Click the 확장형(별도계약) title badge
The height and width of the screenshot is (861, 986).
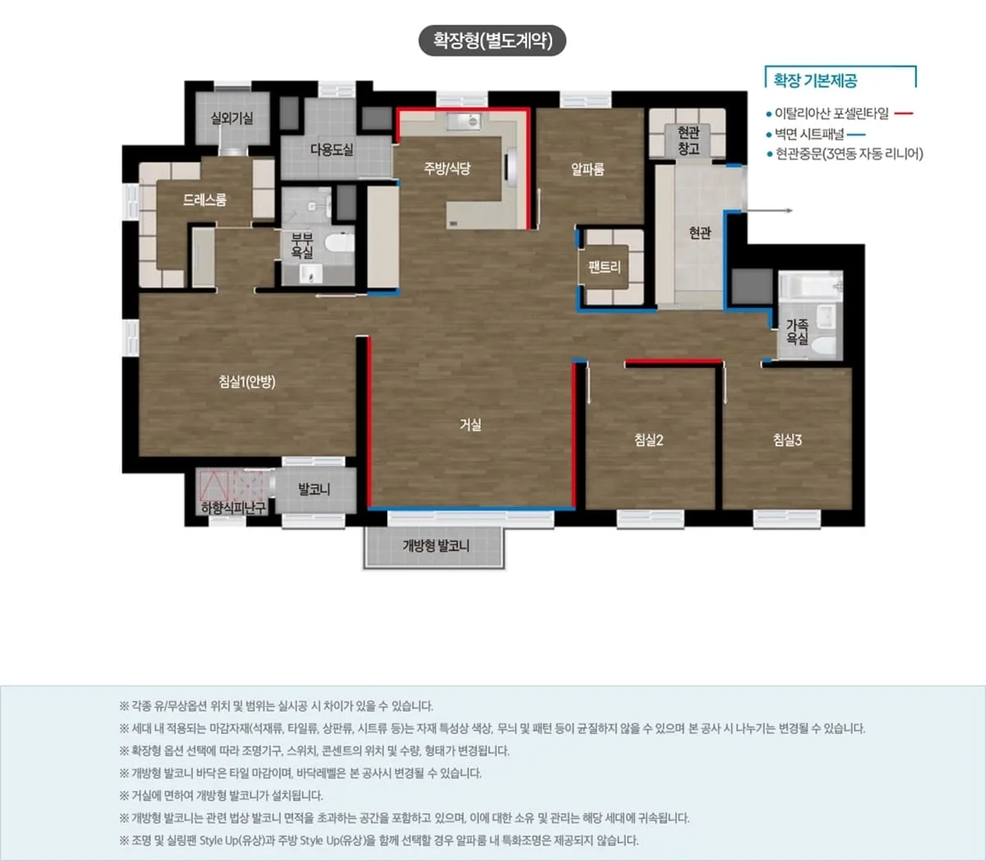[x=492, y=40]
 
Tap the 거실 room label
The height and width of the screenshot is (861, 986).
[x=470, y=425]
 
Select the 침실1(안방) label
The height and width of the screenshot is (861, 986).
[x=247, y=381]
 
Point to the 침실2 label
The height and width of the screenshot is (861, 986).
[x=648, y=440]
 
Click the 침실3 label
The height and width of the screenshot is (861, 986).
[x=787, y=440]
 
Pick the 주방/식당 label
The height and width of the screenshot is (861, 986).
[x=447, y=168]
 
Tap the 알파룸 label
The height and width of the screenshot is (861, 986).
[x=587, y=169]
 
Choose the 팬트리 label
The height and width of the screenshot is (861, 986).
[x=604, y=266]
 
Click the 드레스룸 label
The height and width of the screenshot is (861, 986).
[x=205, y=200]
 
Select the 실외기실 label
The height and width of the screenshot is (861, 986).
[x=232, y=118]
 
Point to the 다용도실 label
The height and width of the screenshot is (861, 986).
[x=332, y=150]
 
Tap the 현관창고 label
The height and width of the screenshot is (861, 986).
[x=689, y=140]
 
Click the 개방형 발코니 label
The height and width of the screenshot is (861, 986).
[x=436, y=546]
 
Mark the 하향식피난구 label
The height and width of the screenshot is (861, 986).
[x=233, y=508]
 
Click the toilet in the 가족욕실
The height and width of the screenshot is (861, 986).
[x=823, y=346]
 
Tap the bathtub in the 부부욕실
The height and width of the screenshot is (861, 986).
[x=339, y=242]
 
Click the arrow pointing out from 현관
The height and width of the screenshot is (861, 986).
[x=769, y=210]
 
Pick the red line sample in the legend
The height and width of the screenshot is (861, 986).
[x=904, y=113]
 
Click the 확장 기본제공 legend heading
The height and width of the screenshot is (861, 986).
[x=815, y=80]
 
